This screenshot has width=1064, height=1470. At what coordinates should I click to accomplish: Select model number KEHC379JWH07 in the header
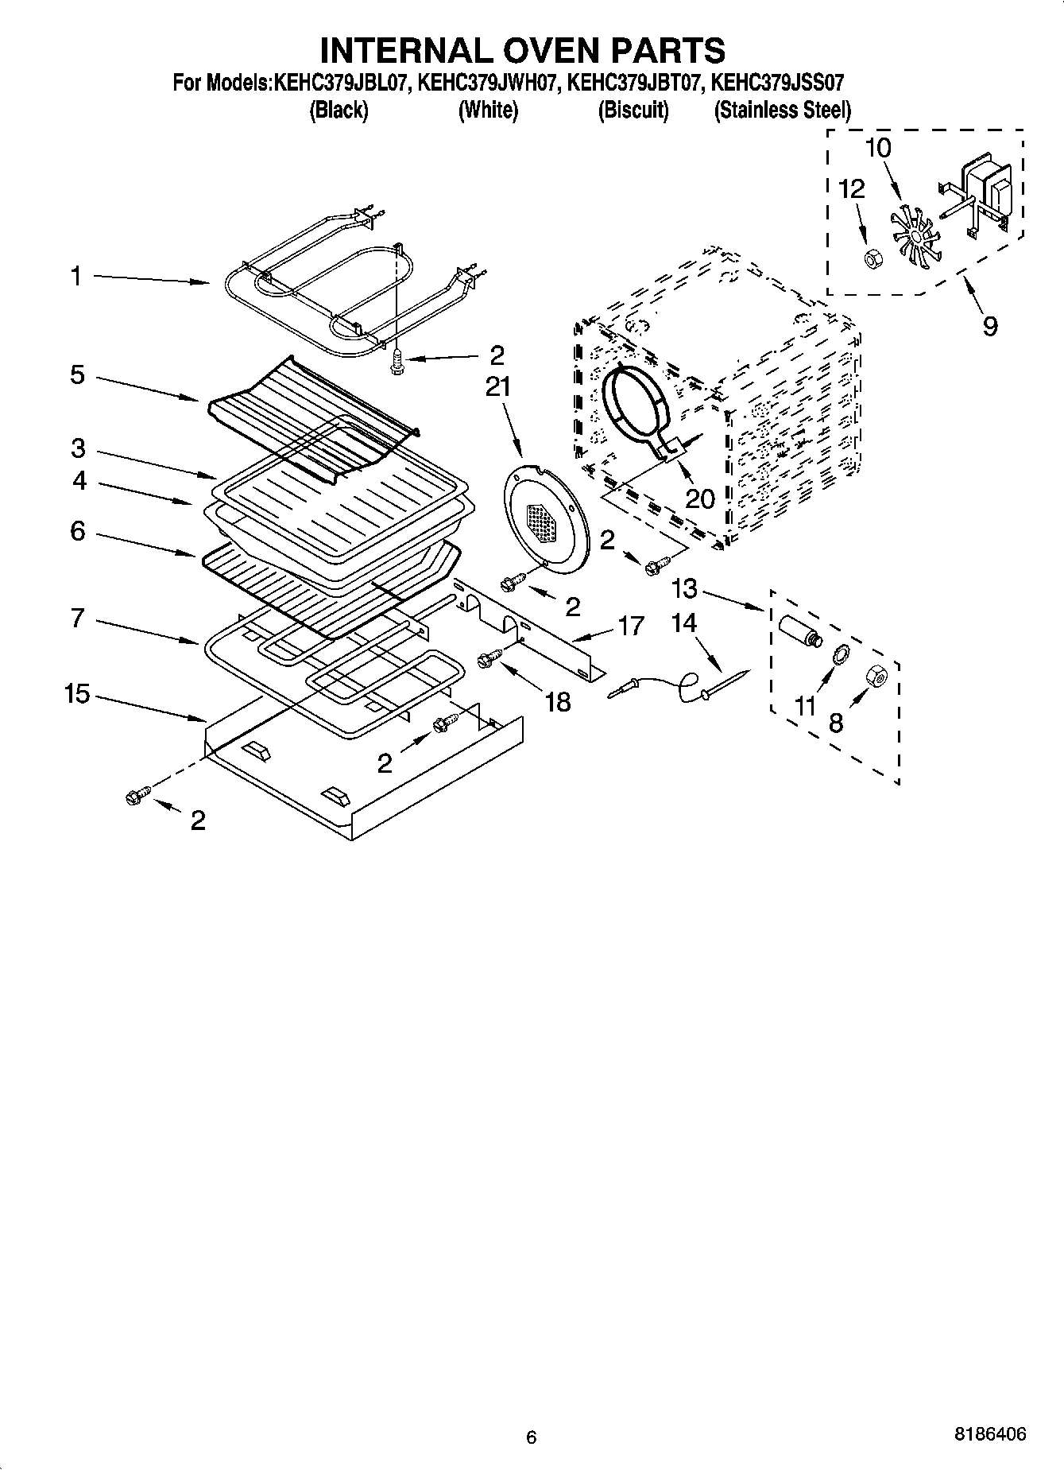[x=488, y=83]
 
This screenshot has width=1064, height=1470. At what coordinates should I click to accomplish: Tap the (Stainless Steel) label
[x=783, y=110]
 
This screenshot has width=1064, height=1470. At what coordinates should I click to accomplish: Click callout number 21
[x=498, y=387]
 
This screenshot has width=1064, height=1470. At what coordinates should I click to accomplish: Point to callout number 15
[x=77, y=694]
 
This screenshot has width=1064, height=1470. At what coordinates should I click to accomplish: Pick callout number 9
[x=989, y=325]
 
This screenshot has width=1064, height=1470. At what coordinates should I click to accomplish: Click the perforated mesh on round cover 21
[x=544, y=524]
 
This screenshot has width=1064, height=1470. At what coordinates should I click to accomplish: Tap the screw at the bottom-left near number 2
[x=137, y=794]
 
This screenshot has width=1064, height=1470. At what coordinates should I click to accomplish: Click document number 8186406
[x=989, y=1434]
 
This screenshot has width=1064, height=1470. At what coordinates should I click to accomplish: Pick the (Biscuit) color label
[x=633, y=110]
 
